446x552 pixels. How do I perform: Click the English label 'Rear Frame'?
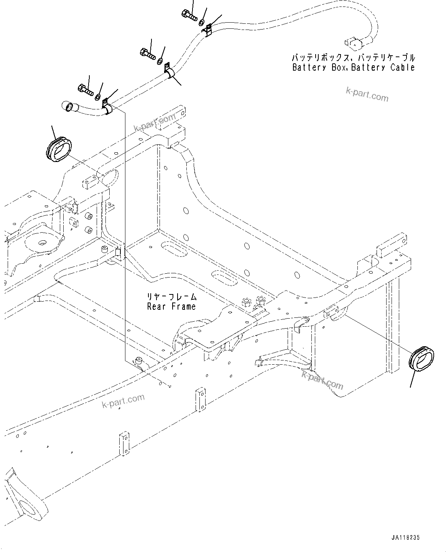[x=171, y=306]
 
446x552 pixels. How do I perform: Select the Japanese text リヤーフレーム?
[x=172, y=296]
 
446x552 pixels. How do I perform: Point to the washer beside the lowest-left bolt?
[x=98, y=96]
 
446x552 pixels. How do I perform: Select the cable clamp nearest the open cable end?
[x=107, y=107]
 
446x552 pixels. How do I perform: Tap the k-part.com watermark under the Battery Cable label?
[x=367, y=95]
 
